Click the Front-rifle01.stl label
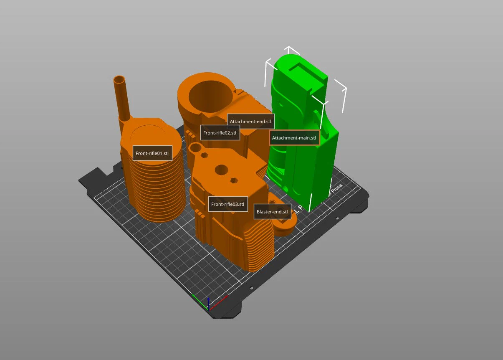click(x=152, y=153)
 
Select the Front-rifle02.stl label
click(x=220, y=133)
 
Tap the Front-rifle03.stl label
click(x=228, y=204)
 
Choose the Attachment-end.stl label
click(x=250, y=122)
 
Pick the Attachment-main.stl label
click(x=294, y=138)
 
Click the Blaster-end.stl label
click(x=273, y=212)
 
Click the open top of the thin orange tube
click(x=119, y=80)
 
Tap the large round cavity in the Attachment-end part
click(x=211, y=96)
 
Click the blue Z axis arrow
click(x=209, y=304)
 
